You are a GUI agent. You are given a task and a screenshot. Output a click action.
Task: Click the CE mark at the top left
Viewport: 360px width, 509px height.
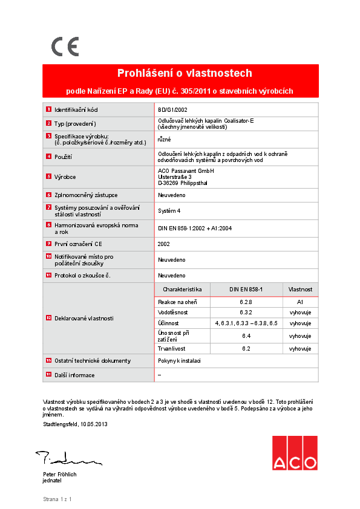65,46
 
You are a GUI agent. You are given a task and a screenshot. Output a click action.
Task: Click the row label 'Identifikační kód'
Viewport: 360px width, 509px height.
76,110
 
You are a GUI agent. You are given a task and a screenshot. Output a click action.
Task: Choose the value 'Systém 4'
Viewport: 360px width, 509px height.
169,211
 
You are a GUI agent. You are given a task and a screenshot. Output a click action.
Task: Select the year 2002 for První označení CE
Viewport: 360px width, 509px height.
164,244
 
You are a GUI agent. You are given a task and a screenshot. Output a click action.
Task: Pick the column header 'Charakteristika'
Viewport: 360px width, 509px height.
182,290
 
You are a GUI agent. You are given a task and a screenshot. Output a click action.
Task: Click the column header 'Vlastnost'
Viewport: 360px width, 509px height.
300,290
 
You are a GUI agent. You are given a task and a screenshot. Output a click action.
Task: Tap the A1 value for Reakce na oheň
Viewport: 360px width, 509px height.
300,302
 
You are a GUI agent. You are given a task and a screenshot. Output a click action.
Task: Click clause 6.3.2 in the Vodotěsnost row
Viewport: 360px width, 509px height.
246,313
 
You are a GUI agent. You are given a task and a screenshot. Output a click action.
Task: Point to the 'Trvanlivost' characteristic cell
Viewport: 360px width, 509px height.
171,349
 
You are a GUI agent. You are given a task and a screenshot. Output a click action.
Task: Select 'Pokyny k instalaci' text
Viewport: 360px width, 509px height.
179,360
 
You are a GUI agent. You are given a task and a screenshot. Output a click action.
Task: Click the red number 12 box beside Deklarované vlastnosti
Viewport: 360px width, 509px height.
48,318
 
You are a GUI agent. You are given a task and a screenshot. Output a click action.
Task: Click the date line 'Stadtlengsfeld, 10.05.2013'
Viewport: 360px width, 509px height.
75,424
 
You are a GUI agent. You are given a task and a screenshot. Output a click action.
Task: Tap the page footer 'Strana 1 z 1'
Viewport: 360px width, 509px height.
57,499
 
